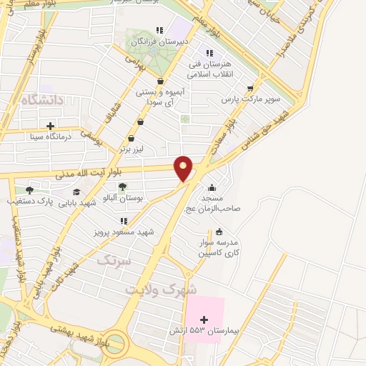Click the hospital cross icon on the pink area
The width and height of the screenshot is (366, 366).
pyautogui.click(x=204, y=319)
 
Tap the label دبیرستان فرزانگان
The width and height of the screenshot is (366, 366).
pyautogui.click(x=164, y=41)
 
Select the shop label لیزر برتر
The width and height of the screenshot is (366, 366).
pyautogui.click(x=132, y=149)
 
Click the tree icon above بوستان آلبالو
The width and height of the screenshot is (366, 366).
pyautogui.click(x=122, y=187)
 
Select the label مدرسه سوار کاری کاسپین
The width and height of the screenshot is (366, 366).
pyautogui.click(x=219, y=247)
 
